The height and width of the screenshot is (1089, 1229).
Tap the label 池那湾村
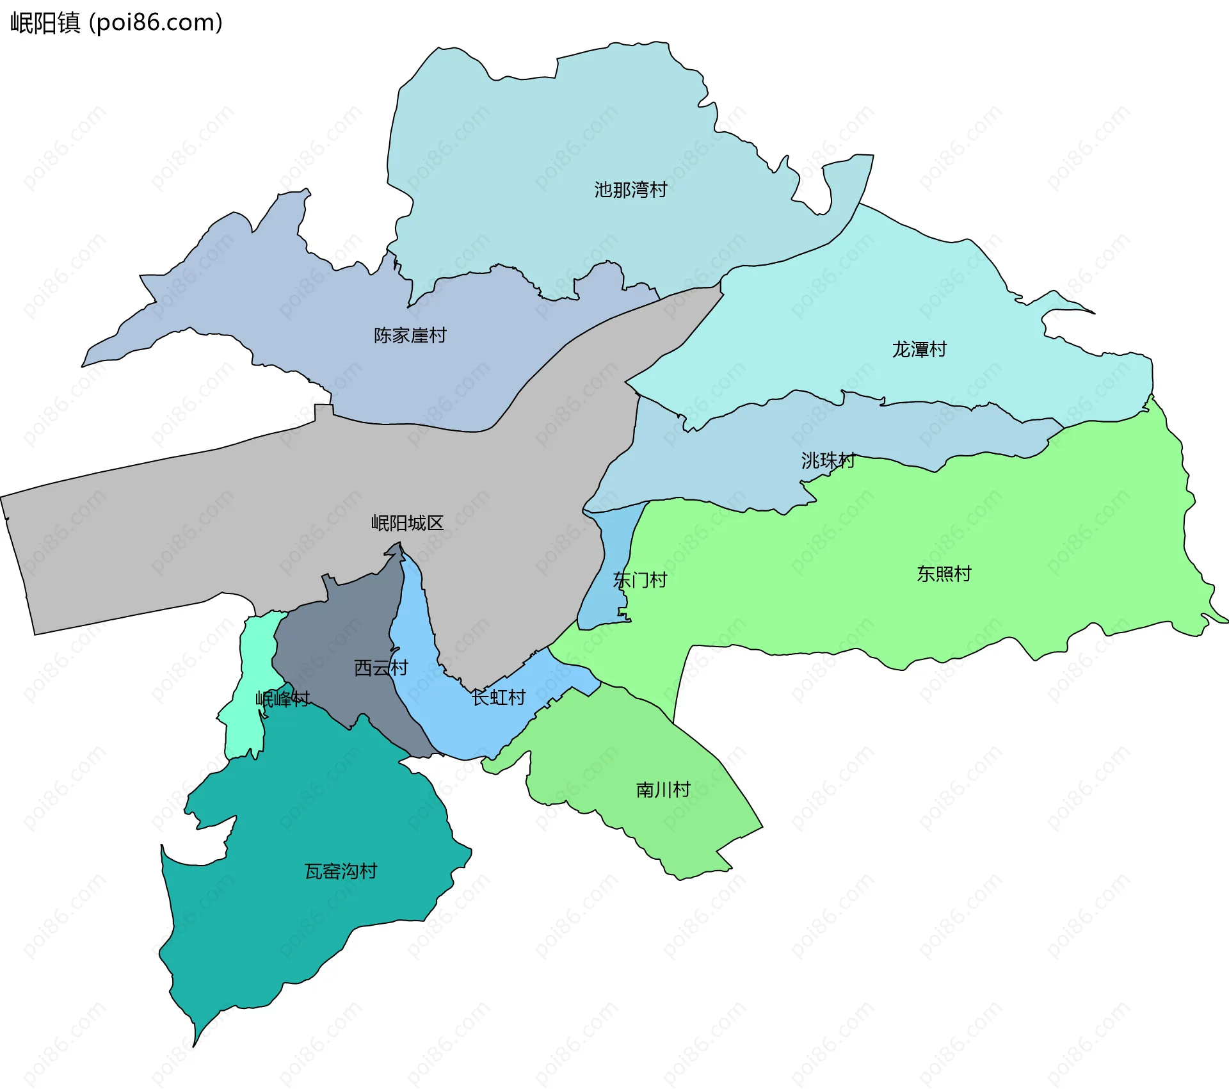(631, 190)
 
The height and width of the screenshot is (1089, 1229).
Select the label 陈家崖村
(410, 335)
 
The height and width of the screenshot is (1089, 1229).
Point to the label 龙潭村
(919, 350)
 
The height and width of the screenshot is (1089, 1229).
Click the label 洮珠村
(828, 460)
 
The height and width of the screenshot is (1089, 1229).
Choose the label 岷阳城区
(407, 523)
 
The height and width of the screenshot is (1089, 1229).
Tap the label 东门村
(640, 580)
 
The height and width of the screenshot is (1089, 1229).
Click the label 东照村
(944, 574)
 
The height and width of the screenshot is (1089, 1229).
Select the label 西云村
(381, 668)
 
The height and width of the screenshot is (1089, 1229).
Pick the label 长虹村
(498, 697)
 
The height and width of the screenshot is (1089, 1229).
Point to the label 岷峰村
(282, 698)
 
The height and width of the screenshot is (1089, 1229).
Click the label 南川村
(663, 789)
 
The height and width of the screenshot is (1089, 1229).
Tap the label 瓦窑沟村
(341, 871)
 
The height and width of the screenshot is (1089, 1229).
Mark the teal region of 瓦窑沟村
(288, 928)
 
